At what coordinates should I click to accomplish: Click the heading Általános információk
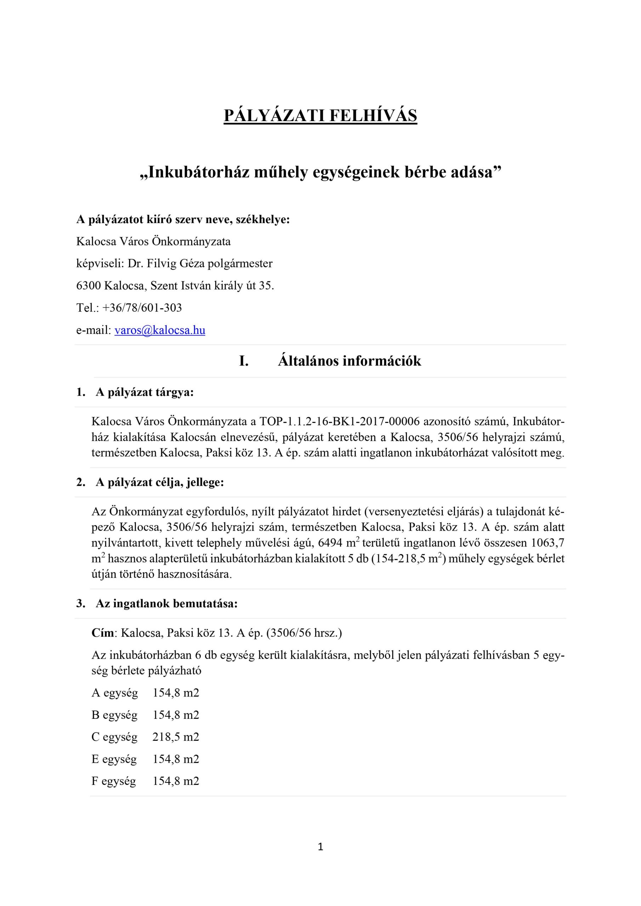click(349, 361)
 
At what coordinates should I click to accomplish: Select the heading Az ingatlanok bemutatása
click(166, 604)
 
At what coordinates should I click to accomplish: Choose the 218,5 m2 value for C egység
click(176, 737)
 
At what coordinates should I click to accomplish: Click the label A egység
click(114, 693)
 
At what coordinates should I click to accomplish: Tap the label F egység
click(114, 781)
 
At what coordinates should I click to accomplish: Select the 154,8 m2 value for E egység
click(176, 759)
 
